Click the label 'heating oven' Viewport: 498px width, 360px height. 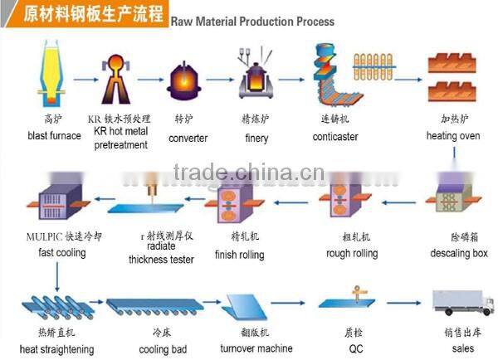454,135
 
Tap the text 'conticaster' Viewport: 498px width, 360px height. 334,138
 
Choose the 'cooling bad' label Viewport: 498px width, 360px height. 163,349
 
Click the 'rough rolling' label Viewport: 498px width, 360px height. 352,253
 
